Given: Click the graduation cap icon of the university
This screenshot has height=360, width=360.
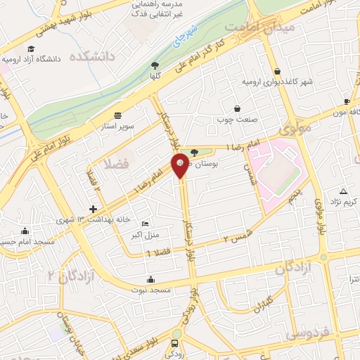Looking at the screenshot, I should [x=30, y=49].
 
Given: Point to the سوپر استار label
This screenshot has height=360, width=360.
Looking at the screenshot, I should [x=117, y=128].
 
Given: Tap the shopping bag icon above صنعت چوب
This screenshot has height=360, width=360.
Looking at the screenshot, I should [x=237, y=109].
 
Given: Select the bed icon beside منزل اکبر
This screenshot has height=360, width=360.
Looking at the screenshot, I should [x=146, y=223].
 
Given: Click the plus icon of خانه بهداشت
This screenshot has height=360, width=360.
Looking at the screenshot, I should [x=93, y=209].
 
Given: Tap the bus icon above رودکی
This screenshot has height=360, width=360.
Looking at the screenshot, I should [x=175, y=345].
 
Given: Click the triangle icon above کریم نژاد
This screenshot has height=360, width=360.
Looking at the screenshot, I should [x=343, y=191].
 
